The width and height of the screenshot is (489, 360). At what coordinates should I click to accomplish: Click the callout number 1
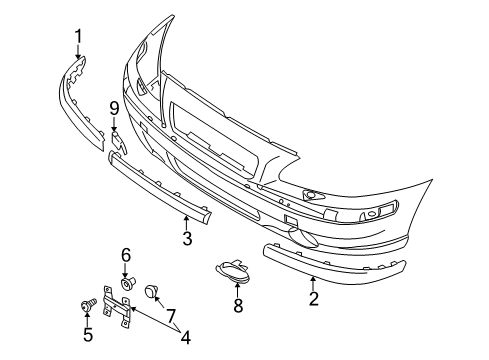tap(77, 40)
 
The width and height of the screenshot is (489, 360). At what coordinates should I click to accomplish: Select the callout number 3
tap(187, 237)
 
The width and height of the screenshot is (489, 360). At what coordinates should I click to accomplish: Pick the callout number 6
tap(126, 255)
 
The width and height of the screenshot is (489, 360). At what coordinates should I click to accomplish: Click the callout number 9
tap(114, 108)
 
